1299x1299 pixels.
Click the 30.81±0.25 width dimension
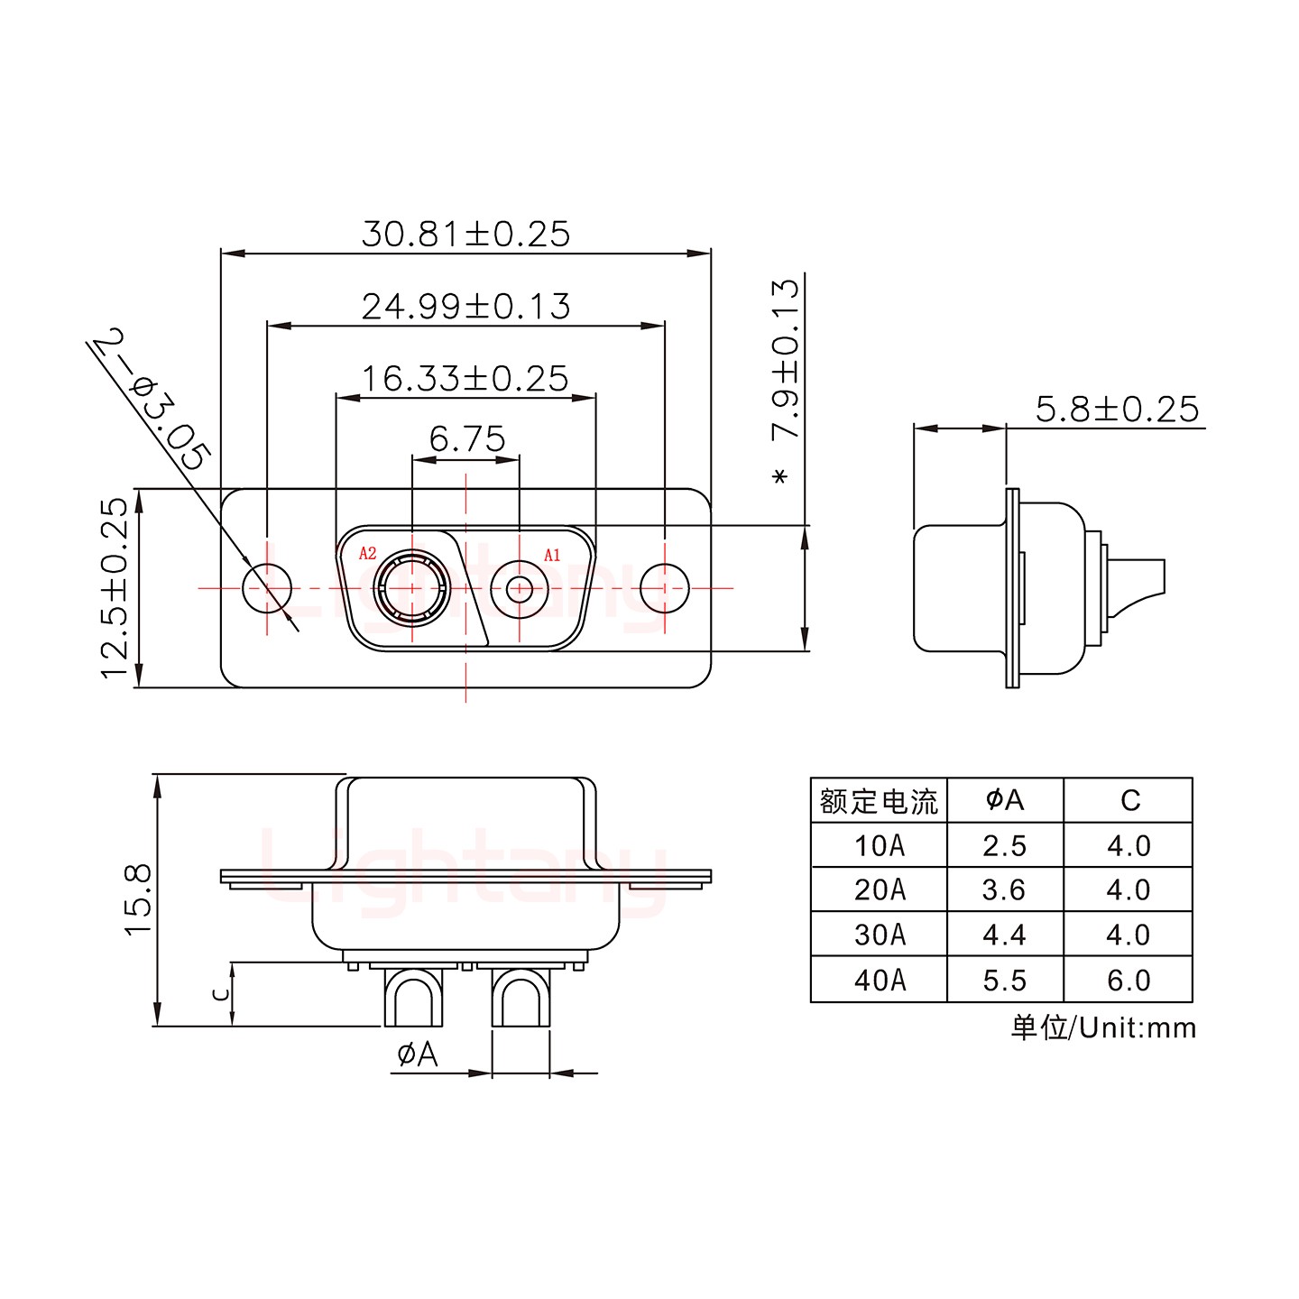click(x=465, y=234)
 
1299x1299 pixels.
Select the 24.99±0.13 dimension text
click(x=465, y=307)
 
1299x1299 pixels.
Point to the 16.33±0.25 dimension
click(x=465, y=379)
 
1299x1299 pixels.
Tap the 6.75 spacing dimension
click(x=466, y=439)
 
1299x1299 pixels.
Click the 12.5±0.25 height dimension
click(x=115, y=588)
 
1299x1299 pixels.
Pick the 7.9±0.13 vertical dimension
click(x=785, y=359)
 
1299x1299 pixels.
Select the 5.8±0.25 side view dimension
click(x=1117, y=409)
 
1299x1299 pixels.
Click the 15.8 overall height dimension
click(x=139, y=899)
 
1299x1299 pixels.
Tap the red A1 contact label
click(x=552, y=556)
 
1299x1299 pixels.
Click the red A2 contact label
click(x=367, y=554)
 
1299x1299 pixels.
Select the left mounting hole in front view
click(x=268, y=588)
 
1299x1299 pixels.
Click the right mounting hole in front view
click(x=665, y=588)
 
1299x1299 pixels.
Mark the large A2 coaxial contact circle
click(x=412, y=588)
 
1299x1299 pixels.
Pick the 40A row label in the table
click(x=880, y=980)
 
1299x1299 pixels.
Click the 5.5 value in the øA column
click(x=1005, y=980)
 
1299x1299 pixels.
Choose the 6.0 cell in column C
click(x=1129, y=980)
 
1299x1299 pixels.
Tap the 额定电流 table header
click(x=879, y=801)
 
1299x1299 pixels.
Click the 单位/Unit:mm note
click(x=1102, y=1027)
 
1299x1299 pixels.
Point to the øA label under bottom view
click(x=417, y=1054)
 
